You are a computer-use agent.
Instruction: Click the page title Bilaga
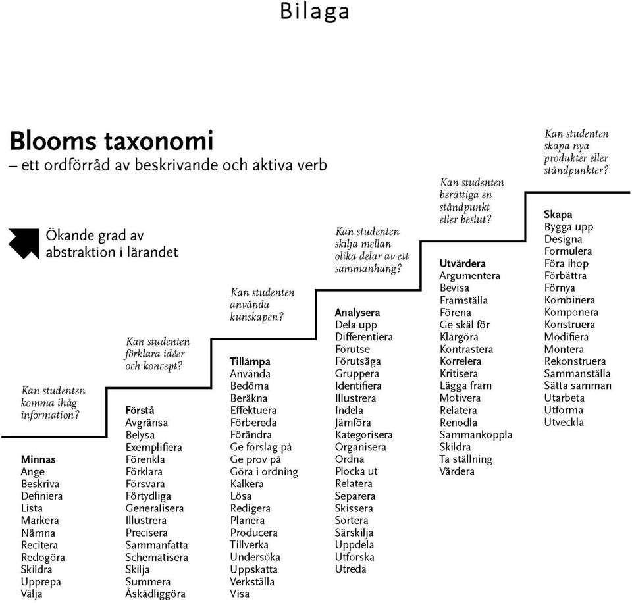click(315, 11)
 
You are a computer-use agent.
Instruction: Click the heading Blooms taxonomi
click(111, 141)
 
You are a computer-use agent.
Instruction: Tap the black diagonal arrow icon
click(24, 244)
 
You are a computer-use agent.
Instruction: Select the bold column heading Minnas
click(38, 459)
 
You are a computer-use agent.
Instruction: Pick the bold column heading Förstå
click(140, 410)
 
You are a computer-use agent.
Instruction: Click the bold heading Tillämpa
click(250, 361)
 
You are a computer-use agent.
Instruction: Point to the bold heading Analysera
click(357, 313)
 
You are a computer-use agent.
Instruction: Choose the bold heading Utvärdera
click(462, 263)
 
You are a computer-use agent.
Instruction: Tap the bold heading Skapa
click(558, 215)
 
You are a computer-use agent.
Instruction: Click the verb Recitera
click(39, 545)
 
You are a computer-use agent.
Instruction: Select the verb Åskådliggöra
click(155, 594)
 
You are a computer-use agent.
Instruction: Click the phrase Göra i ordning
click(264, 471)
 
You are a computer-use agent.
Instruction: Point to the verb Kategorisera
click(363, 435)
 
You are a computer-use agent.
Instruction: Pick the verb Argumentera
click(469, 276)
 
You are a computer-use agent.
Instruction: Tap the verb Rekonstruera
click(575, 361)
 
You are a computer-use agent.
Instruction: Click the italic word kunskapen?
click(257, 317)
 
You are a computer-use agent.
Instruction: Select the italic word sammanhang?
click(368, 269)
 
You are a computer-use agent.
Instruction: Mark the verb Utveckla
click(564, 422)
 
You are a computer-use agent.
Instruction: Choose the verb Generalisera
click(154, 508)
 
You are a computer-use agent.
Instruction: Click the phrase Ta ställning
click(465, 459)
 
